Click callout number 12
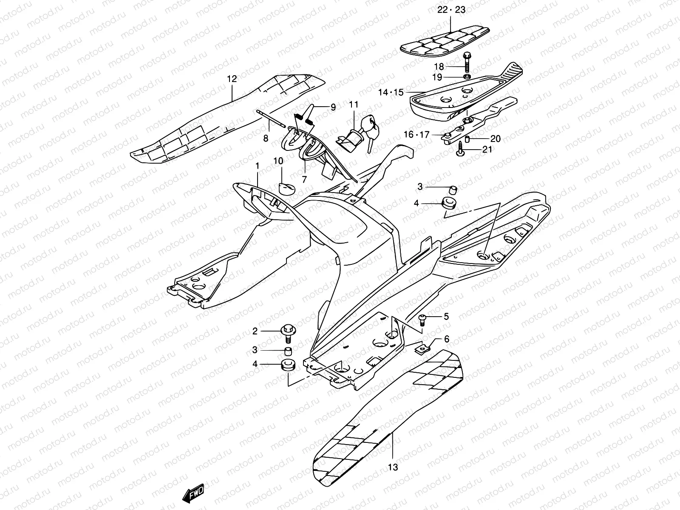[232, 79]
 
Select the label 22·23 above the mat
[451, 10]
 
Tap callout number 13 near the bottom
[393, 467]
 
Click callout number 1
[257, 164]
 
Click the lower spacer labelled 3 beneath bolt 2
[288, 351]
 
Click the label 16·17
[416, 135]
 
